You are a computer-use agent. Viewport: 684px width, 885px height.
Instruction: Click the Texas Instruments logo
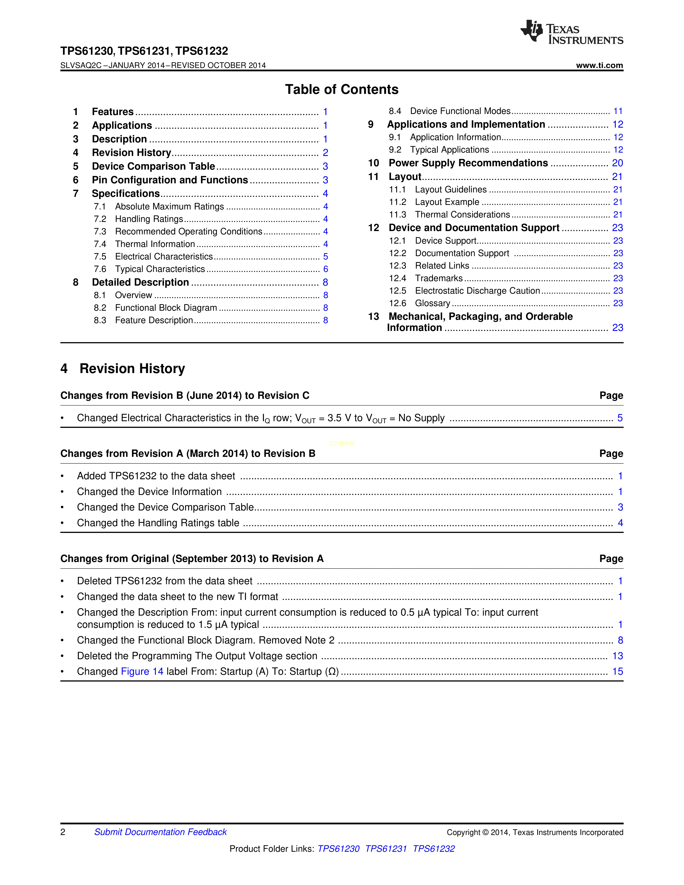571,32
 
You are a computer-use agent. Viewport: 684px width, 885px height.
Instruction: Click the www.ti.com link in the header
599,65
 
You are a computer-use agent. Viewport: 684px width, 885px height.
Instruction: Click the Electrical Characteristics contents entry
164,256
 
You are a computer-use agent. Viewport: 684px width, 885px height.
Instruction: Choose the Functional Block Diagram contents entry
166,308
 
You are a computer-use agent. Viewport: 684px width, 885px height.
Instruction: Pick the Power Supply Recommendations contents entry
468,163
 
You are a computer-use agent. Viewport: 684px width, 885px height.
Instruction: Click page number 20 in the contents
617,163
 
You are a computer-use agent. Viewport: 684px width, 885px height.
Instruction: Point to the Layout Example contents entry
447,202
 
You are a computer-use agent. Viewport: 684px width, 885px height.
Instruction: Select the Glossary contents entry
432,303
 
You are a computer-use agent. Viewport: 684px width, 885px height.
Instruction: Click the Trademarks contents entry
439,278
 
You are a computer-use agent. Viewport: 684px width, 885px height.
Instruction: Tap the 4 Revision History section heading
123,368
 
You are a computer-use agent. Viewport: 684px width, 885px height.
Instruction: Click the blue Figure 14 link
142,672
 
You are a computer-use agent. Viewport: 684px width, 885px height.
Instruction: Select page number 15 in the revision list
617,672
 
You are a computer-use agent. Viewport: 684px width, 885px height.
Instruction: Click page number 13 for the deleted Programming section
617,656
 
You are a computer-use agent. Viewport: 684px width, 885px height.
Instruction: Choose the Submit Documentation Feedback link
160,832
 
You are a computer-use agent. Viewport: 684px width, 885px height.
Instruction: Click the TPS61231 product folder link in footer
386,849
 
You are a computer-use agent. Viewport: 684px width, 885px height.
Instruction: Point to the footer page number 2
63,832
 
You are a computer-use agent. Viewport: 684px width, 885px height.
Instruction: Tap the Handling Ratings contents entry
149,219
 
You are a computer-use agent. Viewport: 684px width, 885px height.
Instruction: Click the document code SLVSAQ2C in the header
81,65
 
